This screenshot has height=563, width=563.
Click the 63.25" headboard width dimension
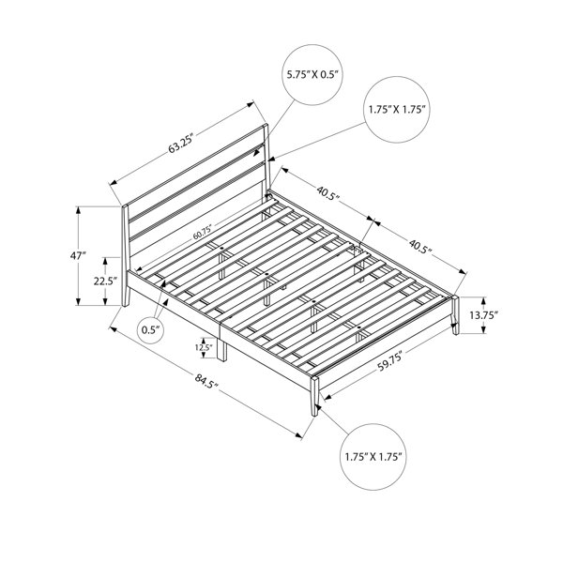click(x=181, y=143)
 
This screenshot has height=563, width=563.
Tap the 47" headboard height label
click(x=78, y=256)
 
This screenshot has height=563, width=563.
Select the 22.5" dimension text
click(x=106, y=281)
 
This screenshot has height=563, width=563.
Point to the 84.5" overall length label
click(x=206, y=381)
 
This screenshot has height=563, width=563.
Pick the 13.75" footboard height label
click(x=483, y=315)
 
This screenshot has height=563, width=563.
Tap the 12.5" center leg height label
click(x=204, y=347)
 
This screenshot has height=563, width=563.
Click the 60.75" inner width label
click(x=202, y=233)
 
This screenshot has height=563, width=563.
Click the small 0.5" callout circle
click(x=151, y=330)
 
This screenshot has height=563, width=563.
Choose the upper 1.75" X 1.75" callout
click(x=397, y=110)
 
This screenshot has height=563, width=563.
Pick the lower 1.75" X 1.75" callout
click(x=373, y=457)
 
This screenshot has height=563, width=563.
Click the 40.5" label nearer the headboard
click(x=327, y=193)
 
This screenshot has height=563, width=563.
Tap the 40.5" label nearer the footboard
click(x=419, y=246)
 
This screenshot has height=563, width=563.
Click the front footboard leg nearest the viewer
click(x=314, y=396)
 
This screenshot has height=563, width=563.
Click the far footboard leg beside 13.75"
click(x=455, y=315)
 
